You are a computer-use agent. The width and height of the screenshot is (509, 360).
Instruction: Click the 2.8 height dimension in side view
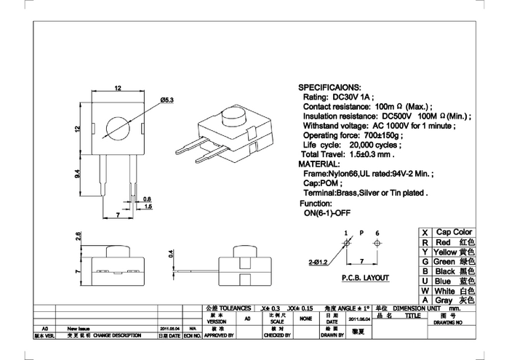coord(79,236)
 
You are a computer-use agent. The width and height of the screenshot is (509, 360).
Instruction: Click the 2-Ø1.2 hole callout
coord(317,260)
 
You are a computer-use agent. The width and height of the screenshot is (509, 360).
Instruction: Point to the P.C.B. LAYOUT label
coord(364,278)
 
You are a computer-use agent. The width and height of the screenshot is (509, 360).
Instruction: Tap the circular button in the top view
coord(117,128)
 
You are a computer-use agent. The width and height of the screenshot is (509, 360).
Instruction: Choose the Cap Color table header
coord(453,231)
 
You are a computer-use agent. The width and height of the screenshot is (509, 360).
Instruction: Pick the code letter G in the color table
coord(425,261)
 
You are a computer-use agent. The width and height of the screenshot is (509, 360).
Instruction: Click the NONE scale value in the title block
coord(305,318)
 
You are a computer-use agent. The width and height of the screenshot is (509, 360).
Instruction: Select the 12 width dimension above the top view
coord(117,89)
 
